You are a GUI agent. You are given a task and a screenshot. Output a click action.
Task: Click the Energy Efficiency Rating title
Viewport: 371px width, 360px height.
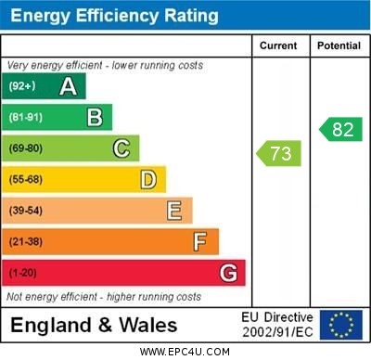[114, 16]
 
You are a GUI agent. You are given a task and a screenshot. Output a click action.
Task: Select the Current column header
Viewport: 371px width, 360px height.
[278, 45]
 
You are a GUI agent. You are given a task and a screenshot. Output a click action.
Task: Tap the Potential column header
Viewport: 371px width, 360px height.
[339, 45]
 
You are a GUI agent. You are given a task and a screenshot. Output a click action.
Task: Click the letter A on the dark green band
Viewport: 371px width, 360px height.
[68, 87]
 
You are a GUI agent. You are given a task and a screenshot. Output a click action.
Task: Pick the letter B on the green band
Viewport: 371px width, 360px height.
[95, 118]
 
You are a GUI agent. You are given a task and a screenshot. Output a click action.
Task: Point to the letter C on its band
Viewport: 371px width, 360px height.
[122, 148]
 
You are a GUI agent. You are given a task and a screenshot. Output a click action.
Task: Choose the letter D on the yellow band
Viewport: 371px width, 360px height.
[148, 179]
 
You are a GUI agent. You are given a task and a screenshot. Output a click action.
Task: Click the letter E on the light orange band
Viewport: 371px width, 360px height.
[174, 211]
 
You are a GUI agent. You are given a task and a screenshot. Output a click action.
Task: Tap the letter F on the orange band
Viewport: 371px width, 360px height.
[200, 242]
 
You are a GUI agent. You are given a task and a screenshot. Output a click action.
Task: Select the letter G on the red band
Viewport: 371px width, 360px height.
[228, 273]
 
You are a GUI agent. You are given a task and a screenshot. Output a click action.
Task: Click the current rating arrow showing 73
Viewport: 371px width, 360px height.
[278, 153]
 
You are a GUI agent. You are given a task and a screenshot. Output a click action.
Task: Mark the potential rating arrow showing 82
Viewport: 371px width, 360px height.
[340, 129]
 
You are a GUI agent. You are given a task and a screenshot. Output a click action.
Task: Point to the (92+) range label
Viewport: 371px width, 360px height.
[22, 87]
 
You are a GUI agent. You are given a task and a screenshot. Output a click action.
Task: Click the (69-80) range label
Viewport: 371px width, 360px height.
[26, 148]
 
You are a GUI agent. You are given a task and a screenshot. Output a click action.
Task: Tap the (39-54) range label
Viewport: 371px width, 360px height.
[26, 211]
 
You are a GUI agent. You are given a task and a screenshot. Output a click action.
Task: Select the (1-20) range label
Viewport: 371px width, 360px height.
[22, 274]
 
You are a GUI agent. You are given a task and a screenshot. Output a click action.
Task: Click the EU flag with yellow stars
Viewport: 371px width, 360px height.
[341, 325]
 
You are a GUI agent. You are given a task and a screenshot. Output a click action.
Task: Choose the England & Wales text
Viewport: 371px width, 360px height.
[94, 326]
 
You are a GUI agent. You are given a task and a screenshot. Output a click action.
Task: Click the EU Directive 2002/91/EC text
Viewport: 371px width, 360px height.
[277, 325]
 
